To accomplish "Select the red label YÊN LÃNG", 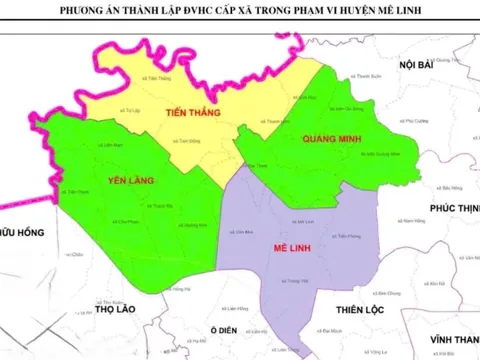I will [132, 181].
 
